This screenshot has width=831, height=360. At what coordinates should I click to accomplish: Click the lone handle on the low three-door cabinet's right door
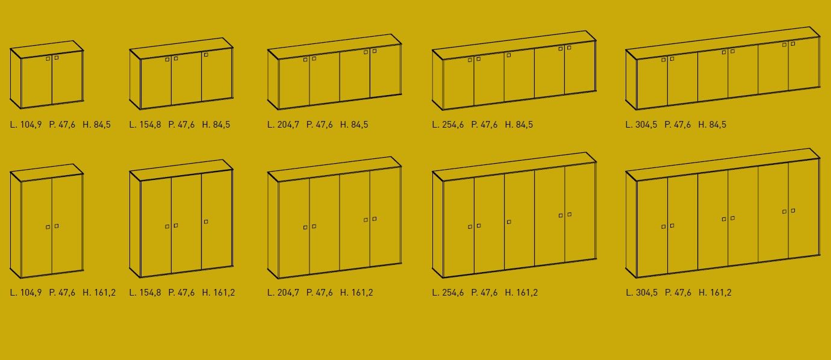(x=206, y=55)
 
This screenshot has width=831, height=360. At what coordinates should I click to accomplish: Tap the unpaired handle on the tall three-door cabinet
(x=206, y=222)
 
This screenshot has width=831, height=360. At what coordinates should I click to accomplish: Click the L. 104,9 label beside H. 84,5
(x=26, y=125)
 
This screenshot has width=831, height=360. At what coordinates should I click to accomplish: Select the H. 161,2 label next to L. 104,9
(x=99, y=293)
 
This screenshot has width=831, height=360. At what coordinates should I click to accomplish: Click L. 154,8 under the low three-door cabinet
(x=145, y=125)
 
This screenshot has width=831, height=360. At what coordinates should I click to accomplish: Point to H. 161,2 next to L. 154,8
(x=219, y=293)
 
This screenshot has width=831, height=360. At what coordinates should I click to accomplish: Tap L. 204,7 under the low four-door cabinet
(x=283, y=125)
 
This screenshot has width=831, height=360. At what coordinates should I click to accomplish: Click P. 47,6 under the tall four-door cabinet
(x=319, y=293)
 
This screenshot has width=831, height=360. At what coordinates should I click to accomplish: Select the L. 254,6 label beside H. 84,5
(x=448, y=125)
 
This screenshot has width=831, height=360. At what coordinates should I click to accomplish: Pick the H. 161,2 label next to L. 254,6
(x=521, y=293)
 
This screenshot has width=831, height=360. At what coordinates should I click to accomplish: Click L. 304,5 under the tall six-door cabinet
(x=641, y=293)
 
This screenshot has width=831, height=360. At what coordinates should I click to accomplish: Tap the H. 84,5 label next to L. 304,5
(x=712, y=125)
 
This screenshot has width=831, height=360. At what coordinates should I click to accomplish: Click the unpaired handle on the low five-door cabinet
(x=509, y=55)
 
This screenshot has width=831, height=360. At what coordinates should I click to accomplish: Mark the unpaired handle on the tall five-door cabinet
(x=509, y=222)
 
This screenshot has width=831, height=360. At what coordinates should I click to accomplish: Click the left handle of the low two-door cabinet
(x=48, y=58)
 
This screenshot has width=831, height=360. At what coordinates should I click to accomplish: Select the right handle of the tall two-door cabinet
(x=57, y=226)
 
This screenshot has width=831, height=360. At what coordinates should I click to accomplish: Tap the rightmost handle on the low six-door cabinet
(x=793, y=44)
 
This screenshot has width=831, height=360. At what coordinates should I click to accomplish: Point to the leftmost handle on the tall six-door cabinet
(x=664, y=226)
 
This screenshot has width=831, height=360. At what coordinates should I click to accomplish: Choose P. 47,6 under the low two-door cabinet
(x=62, y=125)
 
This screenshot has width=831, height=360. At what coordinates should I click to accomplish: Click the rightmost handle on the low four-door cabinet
(x=375, y=51)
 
